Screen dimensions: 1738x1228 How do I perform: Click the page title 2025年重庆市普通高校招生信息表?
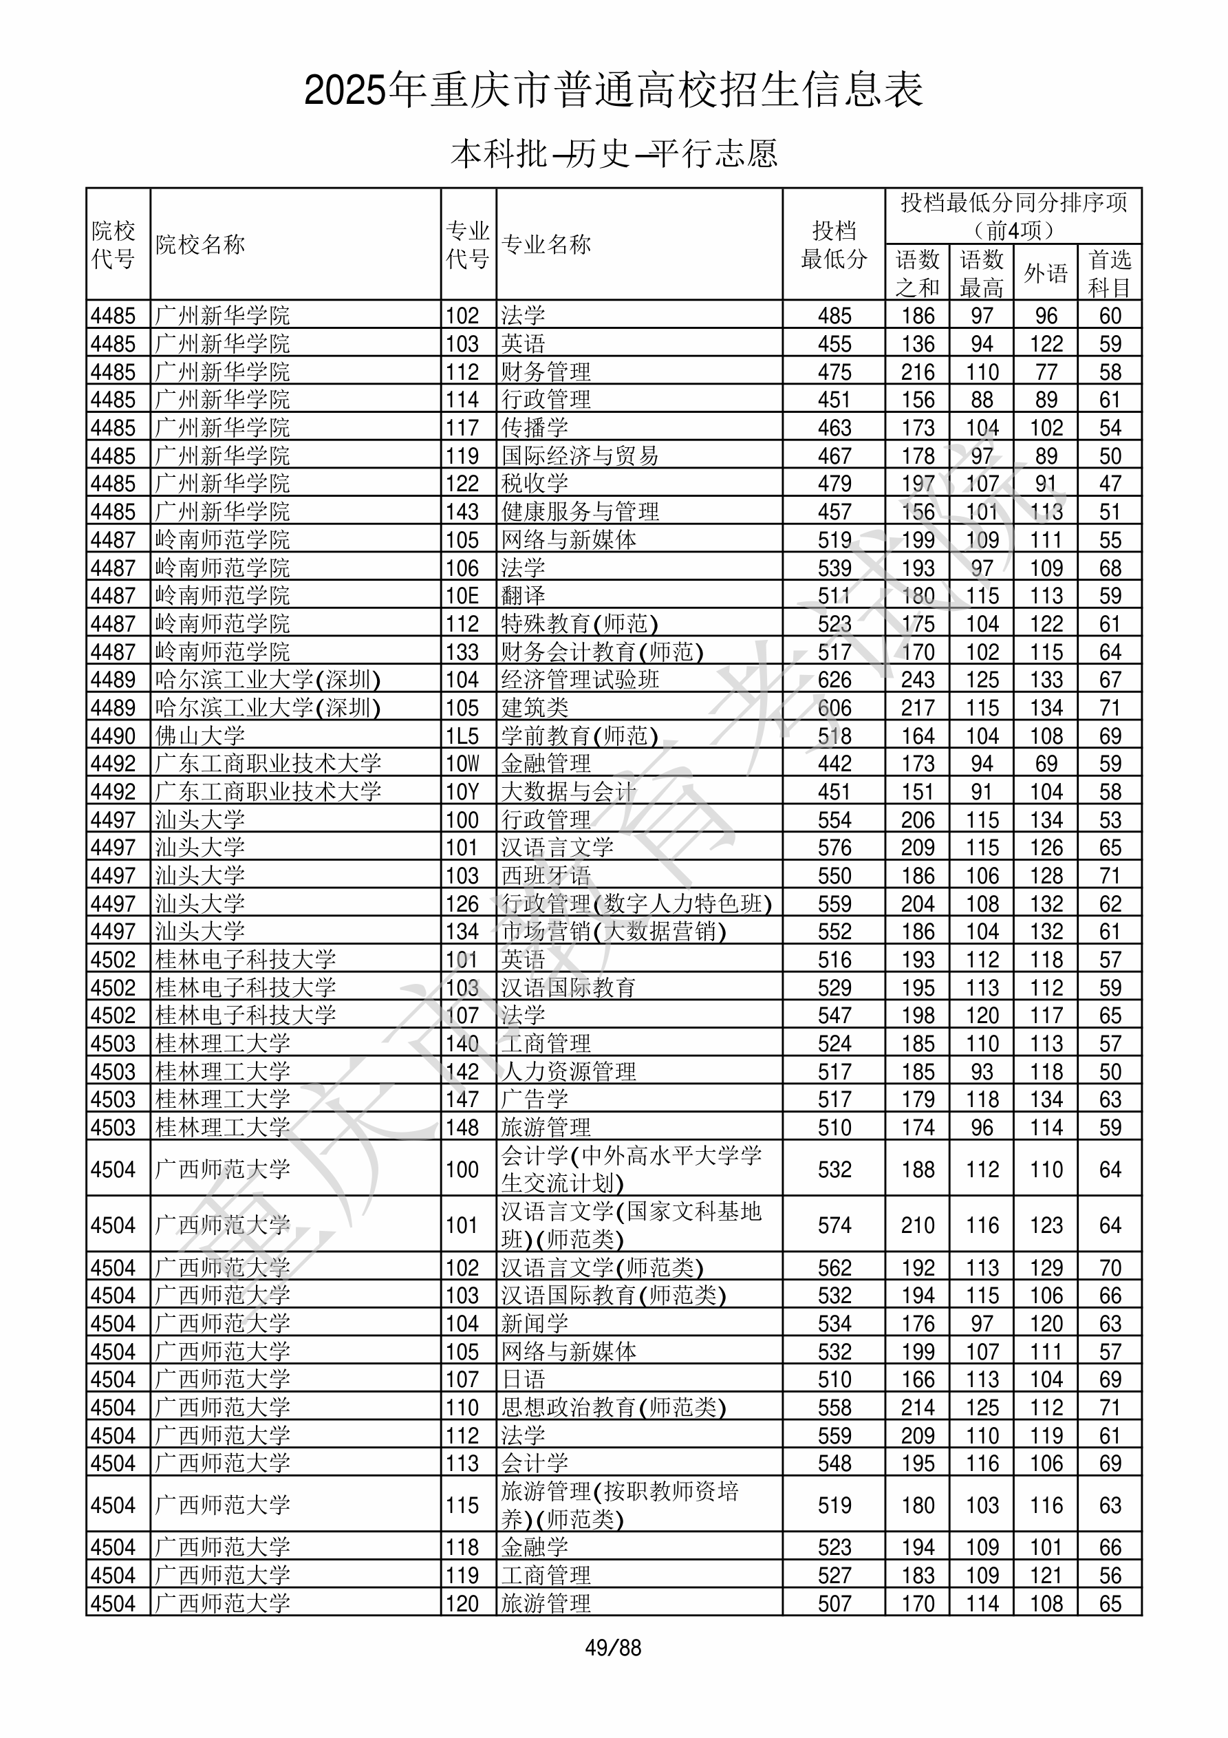pyautogui.click(x=613, y=91)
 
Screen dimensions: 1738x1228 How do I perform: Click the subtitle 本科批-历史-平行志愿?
pyautogui.click(x=613, y=153)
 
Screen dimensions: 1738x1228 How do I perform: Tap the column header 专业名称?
pyautogui.click(x=546, y=244)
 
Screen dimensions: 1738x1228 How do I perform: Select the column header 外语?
pyautogui.click(x=1046, y=272)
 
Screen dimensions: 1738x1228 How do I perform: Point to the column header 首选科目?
pyautogui.click(x=1109, y=273)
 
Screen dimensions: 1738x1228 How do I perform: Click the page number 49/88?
pyautogui.click(x=613, y=1648)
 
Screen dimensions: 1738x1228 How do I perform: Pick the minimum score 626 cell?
pyautogui.click(x=834, y=680)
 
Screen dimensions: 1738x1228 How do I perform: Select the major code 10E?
pyautogui.click(x=462, y=596)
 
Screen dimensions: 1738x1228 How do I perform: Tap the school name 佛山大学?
pyautogui.click(x=200, y=736)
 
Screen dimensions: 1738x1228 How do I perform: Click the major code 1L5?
pyautogui.click(x=462, y=736)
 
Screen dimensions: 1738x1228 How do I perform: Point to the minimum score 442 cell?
pyautogui.click(x=834, y=764)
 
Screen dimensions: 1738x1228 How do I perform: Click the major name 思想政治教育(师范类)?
pyautogui.click(x=613, y=1408)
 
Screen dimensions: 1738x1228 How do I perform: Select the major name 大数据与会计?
pyautogui.click(x=568, y=792)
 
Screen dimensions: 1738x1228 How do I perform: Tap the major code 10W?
pyautogui.click(x=462, y=764)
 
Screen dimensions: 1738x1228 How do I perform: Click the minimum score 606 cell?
pyautogui.click(x=834, y=708)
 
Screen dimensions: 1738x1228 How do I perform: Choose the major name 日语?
pyautogui.click(x=523, y=1380)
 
